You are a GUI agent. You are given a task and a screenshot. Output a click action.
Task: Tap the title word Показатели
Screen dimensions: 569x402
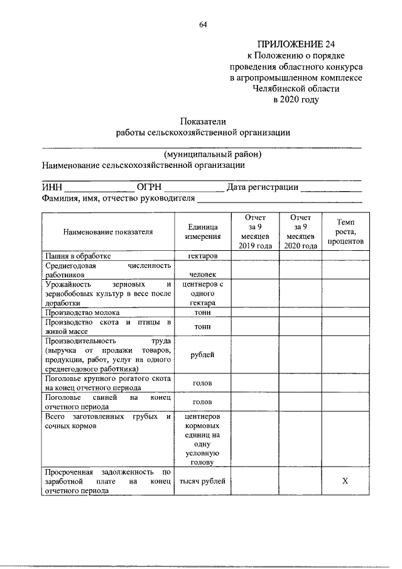pyautogui.click(x=202, y=121)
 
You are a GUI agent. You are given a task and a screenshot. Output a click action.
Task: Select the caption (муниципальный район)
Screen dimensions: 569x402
pyautogui.click(x=212, y=154)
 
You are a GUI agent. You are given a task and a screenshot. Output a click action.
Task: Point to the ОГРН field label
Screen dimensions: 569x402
pyautogui.click(x=149, y=187)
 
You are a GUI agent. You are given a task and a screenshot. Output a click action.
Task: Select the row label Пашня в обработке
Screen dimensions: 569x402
pyautogui.click(x=77, y=256)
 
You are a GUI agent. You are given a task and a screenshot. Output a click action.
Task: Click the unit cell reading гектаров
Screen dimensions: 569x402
pyautogui.click(x=202, y=256)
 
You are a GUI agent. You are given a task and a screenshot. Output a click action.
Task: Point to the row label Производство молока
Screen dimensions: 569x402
pyautogui.click(x=82, y=312)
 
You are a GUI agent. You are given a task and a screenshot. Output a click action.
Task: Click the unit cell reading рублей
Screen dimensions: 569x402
pyautogui.click(x=202, y=355)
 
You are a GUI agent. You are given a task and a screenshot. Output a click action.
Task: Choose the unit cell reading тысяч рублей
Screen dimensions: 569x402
pyautogui.click(x=202, y=481)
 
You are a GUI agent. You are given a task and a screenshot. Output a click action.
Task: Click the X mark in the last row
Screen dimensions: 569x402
pyautogui.click(x=345, y=481)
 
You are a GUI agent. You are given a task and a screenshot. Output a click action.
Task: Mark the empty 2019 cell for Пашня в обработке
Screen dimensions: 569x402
pyautogui.click(x=255, y=256)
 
